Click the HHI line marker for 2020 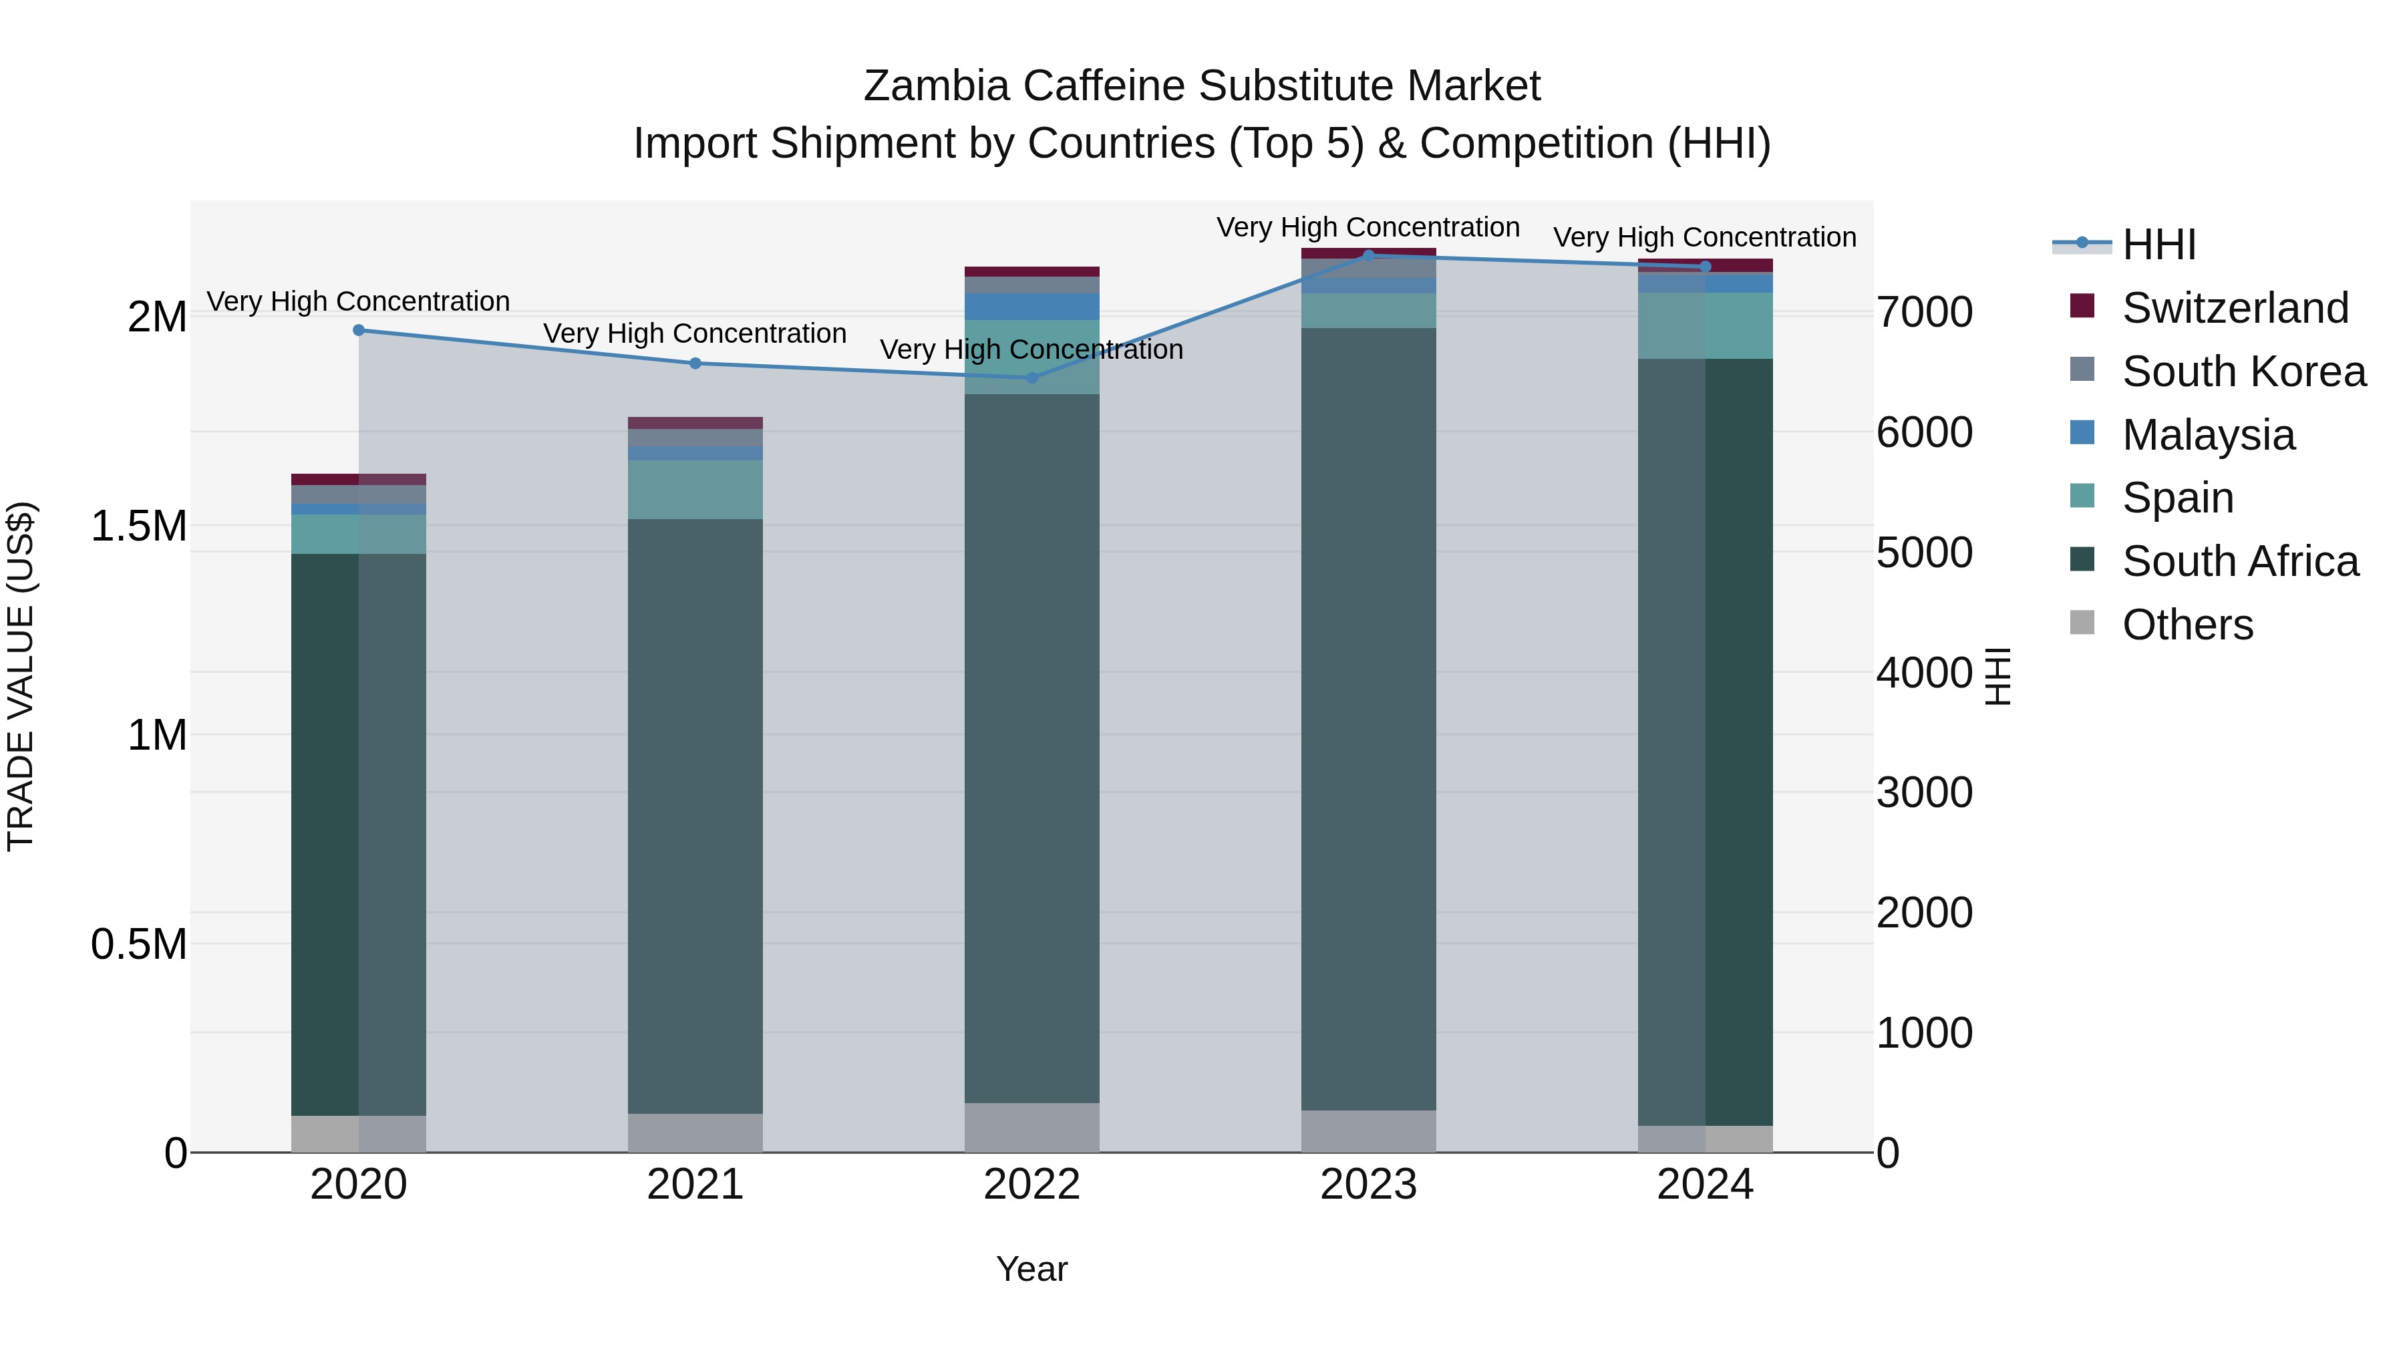pos(359,329)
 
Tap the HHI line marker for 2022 pos(1031,378)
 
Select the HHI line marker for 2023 pos(1369,255)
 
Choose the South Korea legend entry pos(2243,371)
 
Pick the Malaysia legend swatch pos(2082,433)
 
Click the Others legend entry pos(2187,625)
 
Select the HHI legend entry pos(2158,245)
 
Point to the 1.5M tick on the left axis pos(138,527)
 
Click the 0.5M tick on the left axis pos(138,944)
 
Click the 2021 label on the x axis pos(695,1185)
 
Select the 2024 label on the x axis pos(1705,1185)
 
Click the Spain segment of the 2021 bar pos(695,489)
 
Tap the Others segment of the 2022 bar pos(1031,1127)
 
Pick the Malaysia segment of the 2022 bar pos(1031,306)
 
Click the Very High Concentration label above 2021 pos(695,333)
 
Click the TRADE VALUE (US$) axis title pos(21,676)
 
